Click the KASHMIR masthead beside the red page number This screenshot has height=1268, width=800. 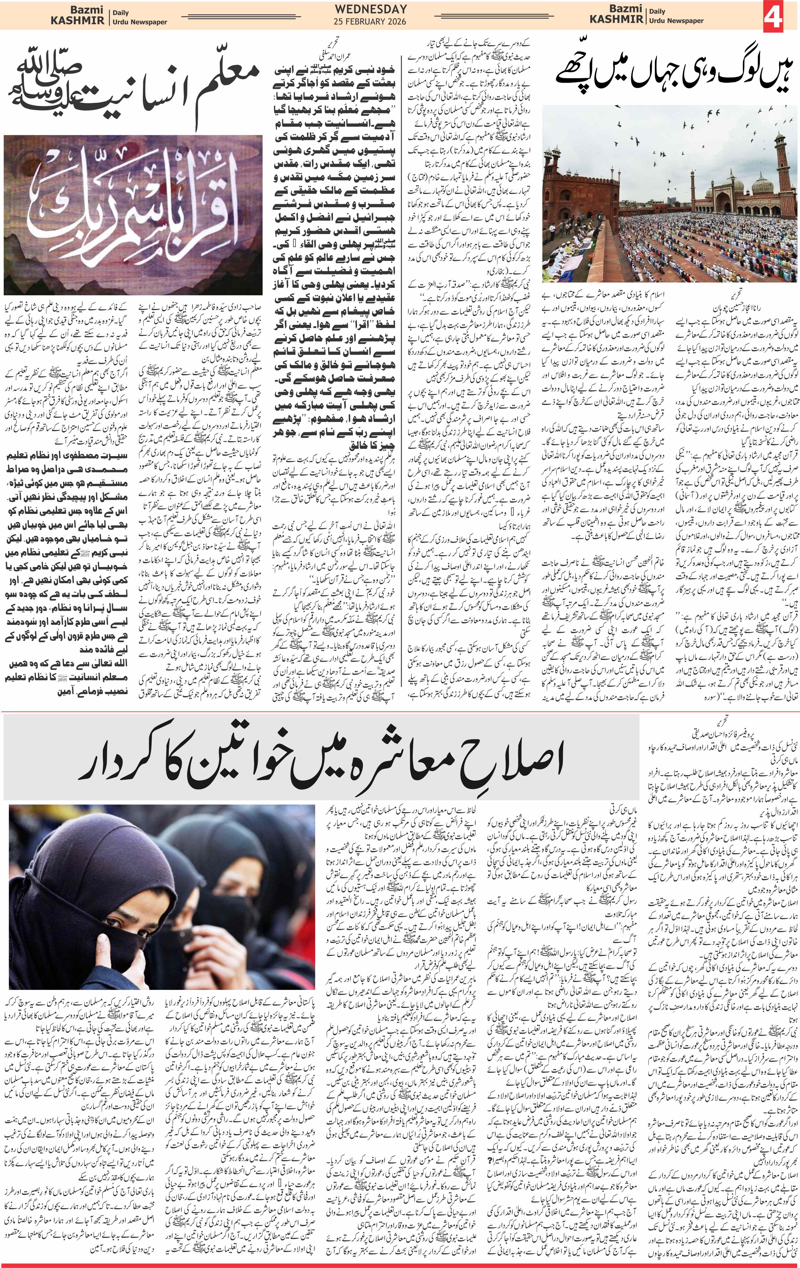pyautogui.click(x=616, y=20)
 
